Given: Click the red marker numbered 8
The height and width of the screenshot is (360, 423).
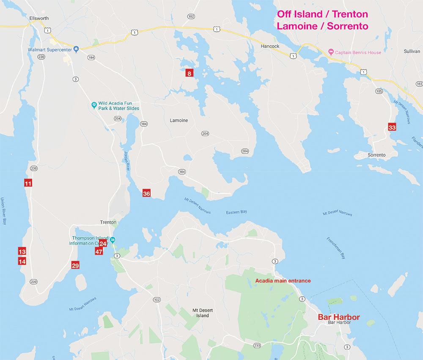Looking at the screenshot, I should [190, 73].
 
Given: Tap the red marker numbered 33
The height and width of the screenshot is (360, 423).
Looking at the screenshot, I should [392, 127].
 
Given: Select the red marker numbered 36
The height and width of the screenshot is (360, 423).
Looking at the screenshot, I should [146, 193].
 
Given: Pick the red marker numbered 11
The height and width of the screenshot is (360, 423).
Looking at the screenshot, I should [28, 183].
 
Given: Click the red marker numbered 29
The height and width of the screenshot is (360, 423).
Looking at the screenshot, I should [75, 265].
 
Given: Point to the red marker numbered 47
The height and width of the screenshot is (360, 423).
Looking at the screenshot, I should [99, 252].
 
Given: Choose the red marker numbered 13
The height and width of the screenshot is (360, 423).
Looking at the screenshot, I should [22, 250].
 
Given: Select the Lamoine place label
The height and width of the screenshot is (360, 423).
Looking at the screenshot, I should [179, 121].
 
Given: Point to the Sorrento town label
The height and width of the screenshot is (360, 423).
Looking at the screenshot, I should [376, 155].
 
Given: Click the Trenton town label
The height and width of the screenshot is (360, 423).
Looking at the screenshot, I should [108, 222].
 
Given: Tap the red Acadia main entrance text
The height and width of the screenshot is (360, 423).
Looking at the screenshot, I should [283, 281].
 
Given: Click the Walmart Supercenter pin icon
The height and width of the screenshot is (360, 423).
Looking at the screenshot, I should [76, 49].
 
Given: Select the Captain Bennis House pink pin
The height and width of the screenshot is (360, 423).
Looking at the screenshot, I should [331, 52].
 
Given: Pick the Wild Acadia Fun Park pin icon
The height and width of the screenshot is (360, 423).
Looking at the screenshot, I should [94, 104].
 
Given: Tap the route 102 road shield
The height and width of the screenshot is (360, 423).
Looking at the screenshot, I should [157, 300].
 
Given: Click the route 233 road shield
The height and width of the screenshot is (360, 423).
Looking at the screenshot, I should [245, 346].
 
